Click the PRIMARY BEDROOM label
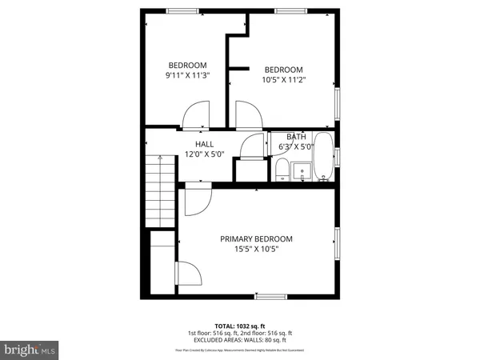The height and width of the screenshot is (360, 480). pyautogui.click(x=256, y=238)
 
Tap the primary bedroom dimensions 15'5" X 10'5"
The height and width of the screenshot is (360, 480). pyautogui.click(x=256, y=250)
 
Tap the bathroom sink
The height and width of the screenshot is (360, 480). pyautogui.click(x=302, y=171)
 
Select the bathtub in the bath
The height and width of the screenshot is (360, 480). pyautogui.click(x=323, y=158)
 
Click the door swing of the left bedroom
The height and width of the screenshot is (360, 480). pyautogui.click(x=194, y=118)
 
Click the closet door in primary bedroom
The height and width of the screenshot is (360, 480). pyautogui.click(x=190, y=276)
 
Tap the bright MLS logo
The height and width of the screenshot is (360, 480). pyautogui.click(x=30, y=350)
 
